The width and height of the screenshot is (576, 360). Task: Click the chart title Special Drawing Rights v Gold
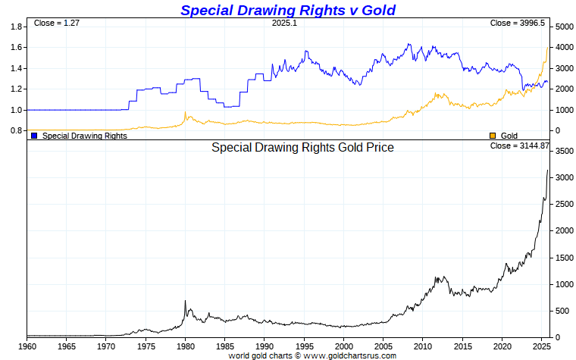click(x=288, y=10)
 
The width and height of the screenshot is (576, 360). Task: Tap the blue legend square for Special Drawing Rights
click(x=34, y=135)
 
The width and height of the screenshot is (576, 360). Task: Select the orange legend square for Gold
click(x=493, y=135)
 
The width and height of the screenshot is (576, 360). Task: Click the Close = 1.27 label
click(x=57, y=23)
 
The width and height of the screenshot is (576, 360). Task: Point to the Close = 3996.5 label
click(x=518, y=23)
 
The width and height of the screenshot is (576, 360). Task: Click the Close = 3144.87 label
click(x=519, y=145)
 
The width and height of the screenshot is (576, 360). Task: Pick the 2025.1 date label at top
click(x=285, y=23)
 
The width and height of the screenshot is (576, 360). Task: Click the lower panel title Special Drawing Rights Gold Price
click(x=302, y=148)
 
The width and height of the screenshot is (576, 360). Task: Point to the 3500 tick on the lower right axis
click(x=562, y=152)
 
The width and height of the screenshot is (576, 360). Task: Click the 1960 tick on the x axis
click(x=27, y=346)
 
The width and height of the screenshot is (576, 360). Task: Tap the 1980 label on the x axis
click(x=185, y=346)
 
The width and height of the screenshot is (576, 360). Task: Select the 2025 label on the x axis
click(x=541, y=346)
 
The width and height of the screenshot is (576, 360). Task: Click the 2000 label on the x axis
click(x=343, y=346)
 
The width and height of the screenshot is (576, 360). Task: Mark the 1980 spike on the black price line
click(x=185, y=301)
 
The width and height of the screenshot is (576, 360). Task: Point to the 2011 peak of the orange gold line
click(x=436, y=93)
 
